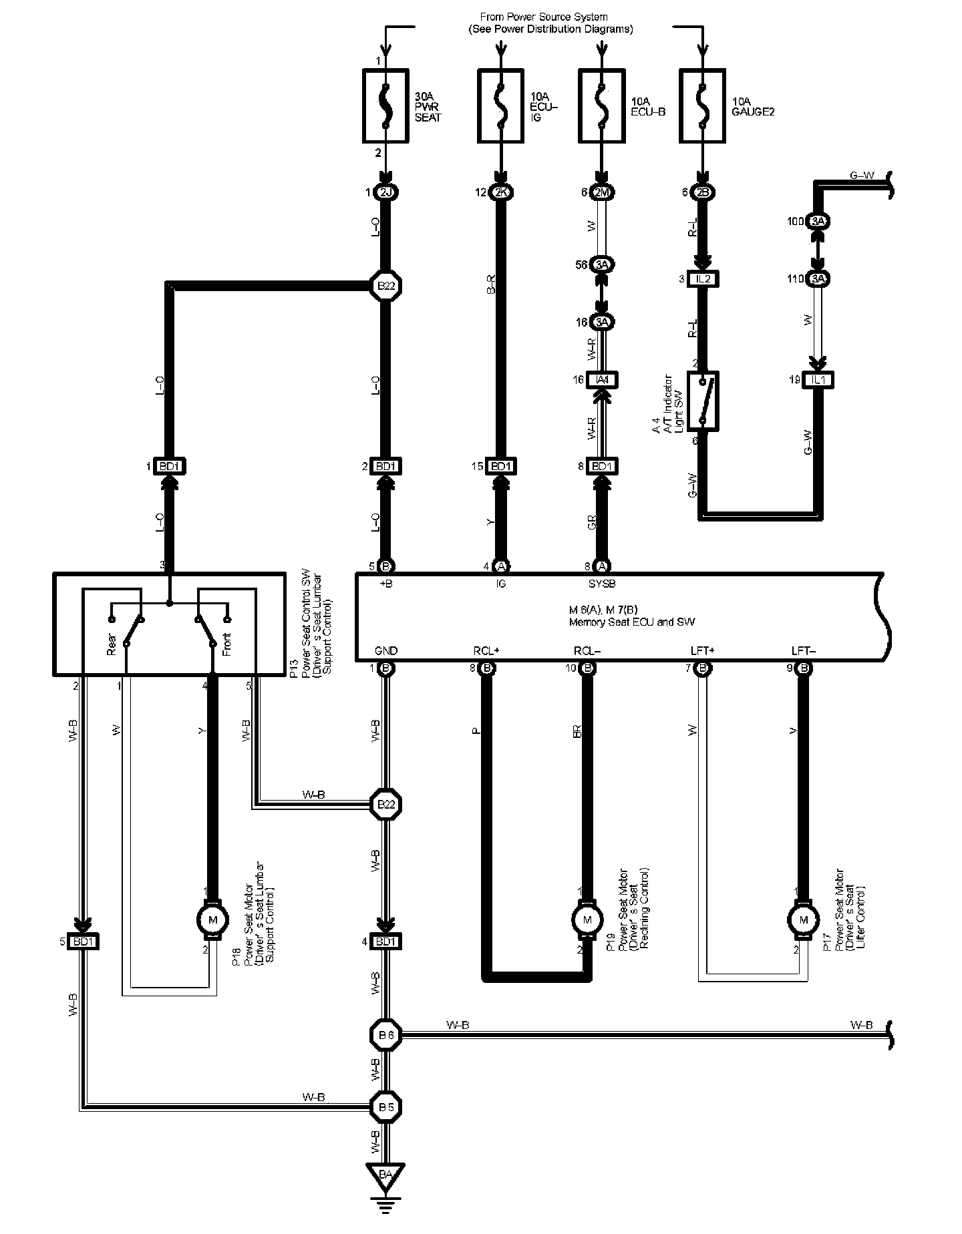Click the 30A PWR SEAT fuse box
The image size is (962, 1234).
click(x=385, y=106)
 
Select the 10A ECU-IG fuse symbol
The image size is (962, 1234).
click(x=501, y=106)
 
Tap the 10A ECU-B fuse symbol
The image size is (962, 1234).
click(x=601, y=106)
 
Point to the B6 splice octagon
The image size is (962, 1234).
click(x=386, y=1034)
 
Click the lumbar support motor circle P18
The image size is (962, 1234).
click(x=213, y=921)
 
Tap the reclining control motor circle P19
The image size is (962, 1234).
click(x=587, y=920)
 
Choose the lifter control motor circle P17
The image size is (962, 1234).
click(x=804, y=920)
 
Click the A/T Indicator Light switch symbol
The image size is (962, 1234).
click(x=703, y=401)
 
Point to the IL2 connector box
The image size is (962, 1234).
click(x=703, y=279)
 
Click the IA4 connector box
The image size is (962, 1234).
click(x=603, y=380)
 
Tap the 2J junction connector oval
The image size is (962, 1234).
click(x=385, y=193)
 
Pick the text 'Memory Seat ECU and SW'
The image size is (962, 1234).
click(x=631, y=622)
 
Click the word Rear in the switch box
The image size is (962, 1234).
click(x=112, y=644)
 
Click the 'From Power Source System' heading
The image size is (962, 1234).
click(x=544, y=16)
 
